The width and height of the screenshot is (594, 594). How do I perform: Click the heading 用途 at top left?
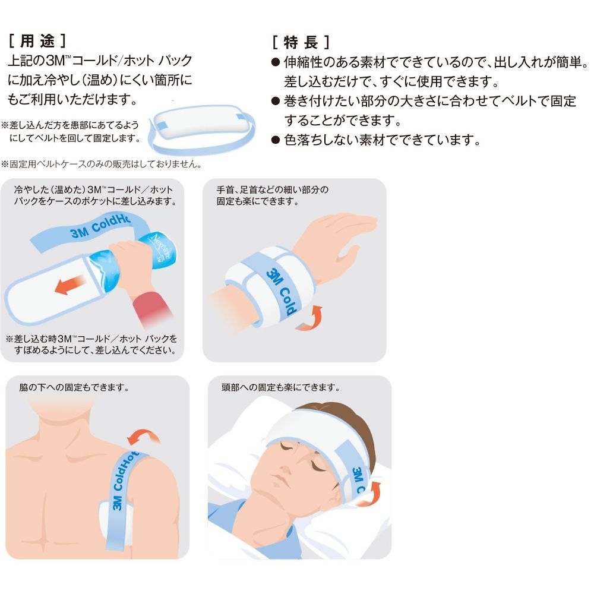tap(37, 41)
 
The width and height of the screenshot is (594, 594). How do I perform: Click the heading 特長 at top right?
tap(301, 42)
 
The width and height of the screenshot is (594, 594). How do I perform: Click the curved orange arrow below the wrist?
tap(309, 319)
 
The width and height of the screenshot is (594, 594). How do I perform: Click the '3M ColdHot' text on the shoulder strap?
tap(124, 481)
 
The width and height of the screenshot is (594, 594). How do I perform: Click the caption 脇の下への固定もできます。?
tap(74, 387)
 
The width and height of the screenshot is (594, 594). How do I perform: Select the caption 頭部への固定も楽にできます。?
tap(281, 387)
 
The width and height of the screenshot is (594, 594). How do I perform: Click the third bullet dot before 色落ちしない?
tap(276, 141)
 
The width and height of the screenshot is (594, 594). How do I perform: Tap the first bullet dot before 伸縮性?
tap(276, 62)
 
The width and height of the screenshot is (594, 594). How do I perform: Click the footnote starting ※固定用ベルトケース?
tap(101, 164)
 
